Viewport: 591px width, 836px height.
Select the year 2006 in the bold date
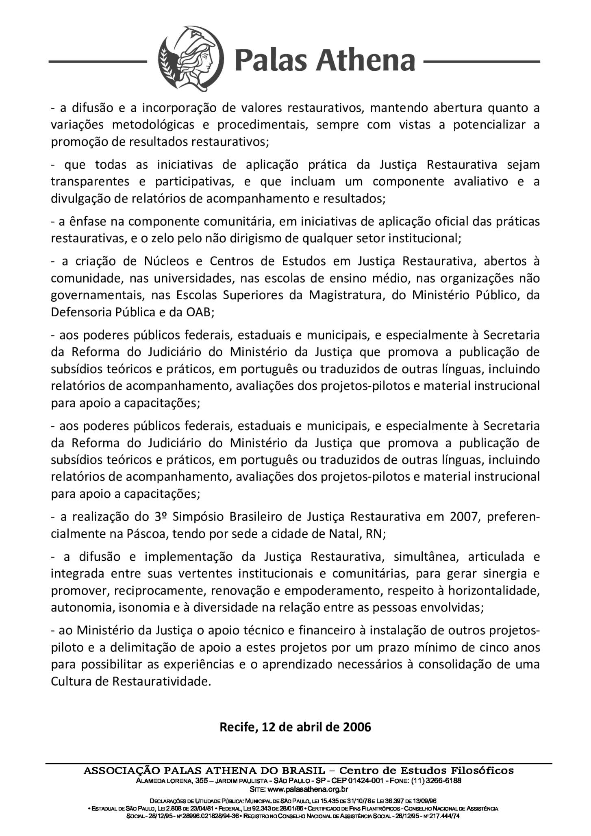click(357, 727)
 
